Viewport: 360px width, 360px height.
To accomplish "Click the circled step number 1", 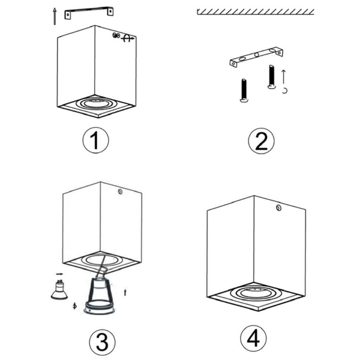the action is click(96, 140).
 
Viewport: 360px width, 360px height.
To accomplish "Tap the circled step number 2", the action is click(261, 141).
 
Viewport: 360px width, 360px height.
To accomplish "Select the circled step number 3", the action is click(102, 343).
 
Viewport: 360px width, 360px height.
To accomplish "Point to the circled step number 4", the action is click(253, 338).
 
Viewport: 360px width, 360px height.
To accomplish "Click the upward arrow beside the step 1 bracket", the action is click(55, 16).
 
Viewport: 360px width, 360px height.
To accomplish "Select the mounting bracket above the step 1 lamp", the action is click(89, 13).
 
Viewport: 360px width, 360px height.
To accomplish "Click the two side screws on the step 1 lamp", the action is click(116, 35).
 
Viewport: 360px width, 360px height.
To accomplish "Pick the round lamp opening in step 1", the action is click(97, 103).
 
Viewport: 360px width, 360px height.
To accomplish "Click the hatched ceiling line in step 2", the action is click(256, 12).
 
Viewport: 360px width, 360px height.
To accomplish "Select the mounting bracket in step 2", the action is click(256, 57).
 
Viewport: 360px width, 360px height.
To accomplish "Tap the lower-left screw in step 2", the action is click(244, 91).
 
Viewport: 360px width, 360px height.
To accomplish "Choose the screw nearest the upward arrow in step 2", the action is click(271, 77).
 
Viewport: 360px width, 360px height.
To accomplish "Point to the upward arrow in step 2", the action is click(284, 77).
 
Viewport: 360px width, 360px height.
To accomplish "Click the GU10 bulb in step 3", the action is click(59, 290).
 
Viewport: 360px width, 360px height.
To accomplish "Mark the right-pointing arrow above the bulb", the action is click(59, 274).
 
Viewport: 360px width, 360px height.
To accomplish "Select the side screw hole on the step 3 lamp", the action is click(120, 191).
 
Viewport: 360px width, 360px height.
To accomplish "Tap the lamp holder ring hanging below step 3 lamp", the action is click(100, 308).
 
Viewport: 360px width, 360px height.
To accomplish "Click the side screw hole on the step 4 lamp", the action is click(278, 208).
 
